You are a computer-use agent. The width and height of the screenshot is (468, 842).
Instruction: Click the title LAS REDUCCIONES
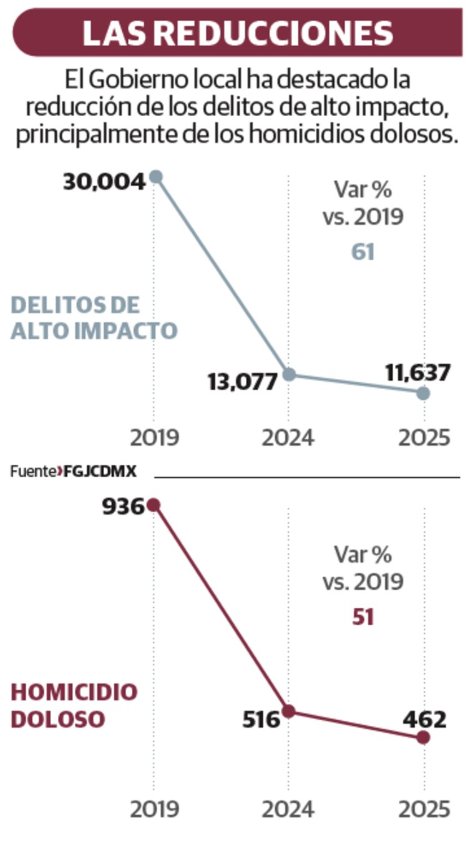coord(237,32)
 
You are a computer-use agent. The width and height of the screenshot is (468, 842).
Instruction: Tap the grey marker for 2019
coord(156,177)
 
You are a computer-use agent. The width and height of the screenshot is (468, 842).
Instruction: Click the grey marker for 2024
coord(289,375)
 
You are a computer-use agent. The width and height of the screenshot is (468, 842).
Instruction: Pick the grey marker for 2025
coord(423,393)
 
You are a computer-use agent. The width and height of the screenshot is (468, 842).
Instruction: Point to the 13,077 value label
coord(242,381)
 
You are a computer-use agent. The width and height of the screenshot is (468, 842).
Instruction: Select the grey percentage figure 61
coord(363,252)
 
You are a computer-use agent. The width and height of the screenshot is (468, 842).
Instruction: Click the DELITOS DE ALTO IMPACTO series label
coord(94,318)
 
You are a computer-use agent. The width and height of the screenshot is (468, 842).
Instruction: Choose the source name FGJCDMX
coord(100,472)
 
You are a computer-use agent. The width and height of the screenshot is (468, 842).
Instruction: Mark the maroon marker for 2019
coord(154,505)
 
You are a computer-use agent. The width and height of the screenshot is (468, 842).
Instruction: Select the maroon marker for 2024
coord(288,711)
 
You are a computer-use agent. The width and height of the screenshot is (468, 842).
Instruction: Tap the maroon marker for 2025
coord(423,738)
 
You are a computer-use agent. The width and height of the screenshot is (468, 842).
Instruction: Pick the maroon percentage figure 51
coord(363,617)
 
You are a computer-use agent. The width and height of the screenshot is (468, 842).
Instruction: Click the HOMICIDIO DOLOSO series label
coord(74,705)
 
